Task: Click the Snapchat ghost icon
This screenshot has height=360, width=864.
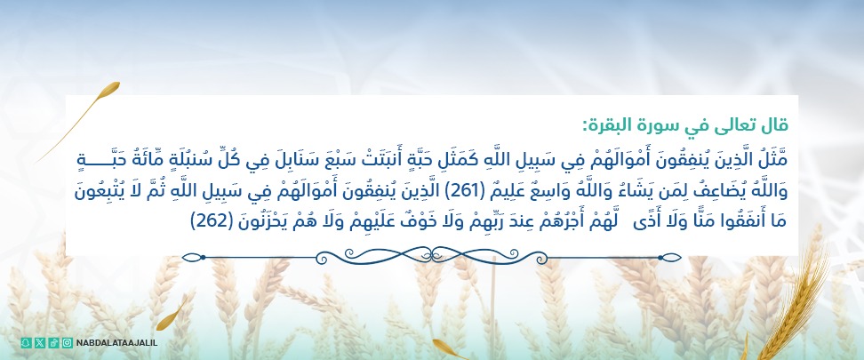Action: [x=25, y=342]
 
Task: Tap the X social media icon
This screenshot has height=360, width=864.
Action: [x=39, y=342]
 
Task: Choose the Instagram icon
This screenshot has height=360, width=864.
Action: [x=68, y=342]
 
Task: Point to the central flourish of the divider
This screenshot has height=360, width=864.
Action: [x=433, y=257]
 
